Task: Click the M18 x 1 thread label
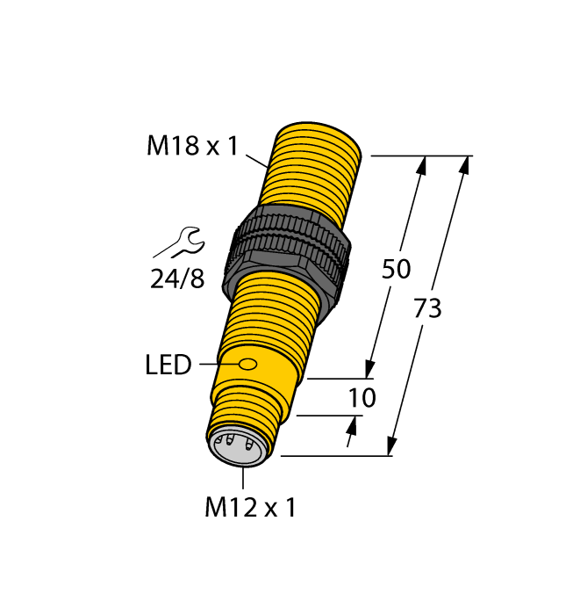tap(191, 147)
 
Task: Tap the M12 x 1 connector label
tap(250, 507)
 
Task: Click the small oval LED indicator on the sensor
tap(248, 364)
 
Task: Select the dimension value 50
tap(396, 270)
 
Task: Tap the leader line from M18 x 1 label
tap(257, 161)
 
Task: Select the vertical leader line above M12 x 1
tap(242, 477)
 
